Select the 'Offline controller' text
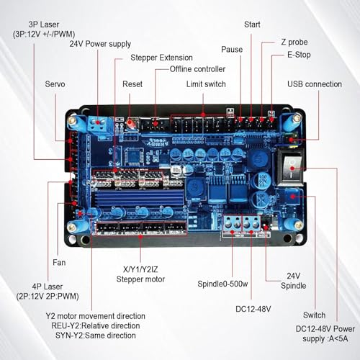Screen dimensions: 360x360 (197, 69)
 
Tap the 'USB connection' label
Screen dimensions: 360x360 (315, 84)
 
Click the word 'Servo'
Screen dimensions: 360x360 (55, 84)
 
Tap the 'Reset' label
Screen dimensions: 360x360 (132, 84)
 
